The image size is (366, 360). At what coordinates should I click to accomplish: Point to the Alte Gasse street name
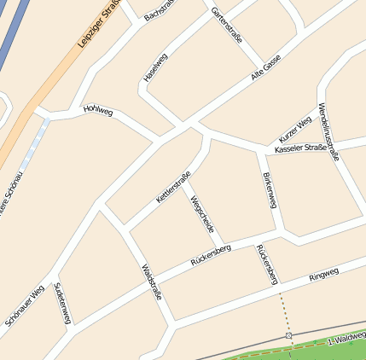point(265,68)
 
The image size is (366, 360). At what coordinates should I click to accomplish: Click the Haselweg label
point(155,67)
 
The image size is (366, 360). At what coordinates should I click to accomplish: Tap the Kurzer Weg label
point(295,130)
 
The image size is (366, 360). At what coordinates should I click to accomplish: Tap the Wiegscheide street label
point(202,215)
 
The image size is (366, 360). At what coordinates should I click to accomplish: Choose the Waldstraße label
point(150,282)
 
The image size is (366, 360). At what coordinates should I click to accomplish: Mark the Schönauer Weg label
point(25,305)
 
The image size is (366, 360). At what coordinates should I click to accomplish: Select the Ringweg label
point(323,274)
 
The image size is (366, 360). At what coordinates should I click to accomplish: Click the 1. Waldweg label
point(346,340)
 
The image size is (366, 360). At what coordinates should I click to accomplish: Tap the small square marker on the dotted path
point(288,336)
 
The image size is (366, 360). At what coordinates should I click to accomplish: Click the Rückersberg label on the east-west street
point(212,254)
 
